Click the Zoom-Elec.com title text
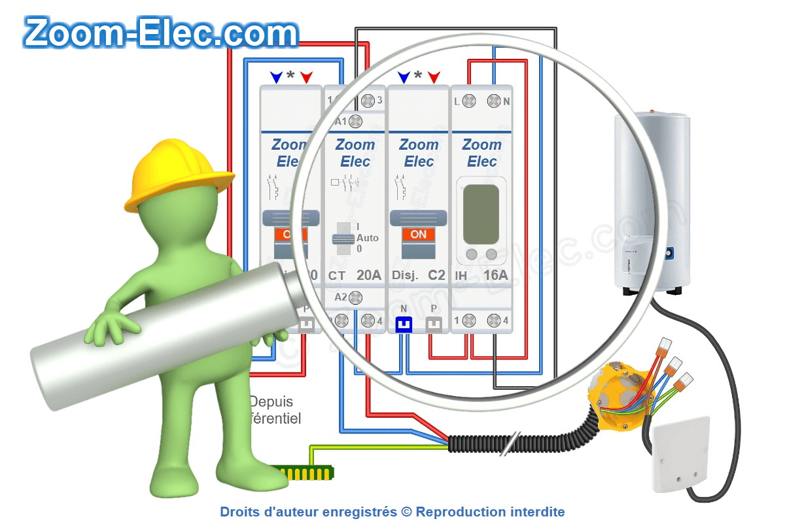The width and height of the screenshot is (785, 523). [x=161, y=33]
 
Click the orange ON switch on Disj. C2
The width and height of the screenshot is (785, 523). [x=418, y=234]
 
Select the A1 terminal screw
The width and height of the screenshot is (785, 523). [x=356, y=121]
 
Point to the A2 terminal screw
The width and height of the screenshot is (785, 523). [x=356, y=298]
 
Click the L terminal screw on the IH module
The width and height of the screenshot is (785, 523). [x=469, y=101]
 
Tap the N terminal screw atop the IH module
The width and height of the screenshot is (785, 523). [x=495, y=101]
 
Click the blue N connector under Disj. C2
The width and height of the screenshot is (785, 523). [x=404, y=323]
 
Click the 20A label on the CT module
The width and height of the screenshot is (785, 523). [x=368, y=276]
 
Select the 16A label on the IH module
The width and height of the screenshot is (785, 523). [x=495, y=276]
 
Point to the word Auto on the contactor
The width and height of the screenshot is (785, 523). [x=368, y=238]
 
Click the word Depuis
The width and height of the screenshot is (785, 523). [x=271, y=401]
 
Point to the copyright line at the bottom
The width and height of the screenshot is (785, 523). [x=392, y=512]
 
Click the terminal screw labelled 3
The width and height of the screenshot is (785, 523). [x=368, y=101]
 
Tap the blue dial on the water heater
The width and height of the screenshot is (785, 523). [x=670, y=251]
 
